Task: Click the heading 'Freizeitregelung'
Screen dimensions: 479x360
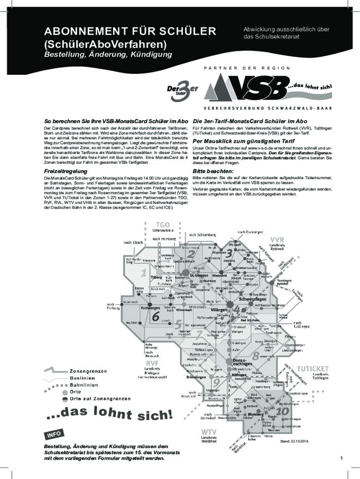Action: click(65, 171)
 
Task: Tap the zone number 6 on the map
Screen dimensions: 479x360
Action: click(155, 316)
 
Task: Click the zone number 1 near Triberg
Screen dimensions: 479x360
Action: click(144, 272)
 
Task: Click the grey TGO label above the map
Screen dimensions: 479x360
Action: click(163, 224)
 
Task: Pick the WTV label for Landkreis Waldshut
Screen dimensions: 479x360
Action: click(208, 431)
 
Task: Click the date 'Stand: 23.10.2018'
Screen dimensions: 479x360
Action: click(295, 441)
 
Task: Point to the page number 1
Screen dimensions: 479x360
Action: click(342, 457)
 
